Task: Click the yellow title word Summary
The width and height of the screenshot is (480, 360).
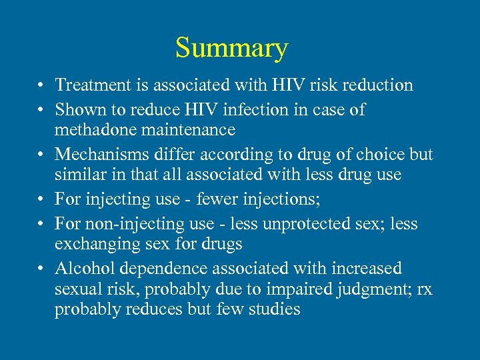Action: point(231,48)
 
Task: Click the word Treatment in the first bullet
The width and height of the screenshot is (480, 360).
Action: point(87,85)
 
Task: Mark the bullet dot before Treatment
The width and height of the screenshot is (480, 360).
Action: point(41,86)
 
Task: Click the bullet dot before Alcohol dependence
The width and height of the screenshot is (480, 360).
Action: point(41,269)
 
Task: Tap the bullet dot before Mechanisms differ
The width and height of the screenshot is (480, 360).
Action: point(41,155)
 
